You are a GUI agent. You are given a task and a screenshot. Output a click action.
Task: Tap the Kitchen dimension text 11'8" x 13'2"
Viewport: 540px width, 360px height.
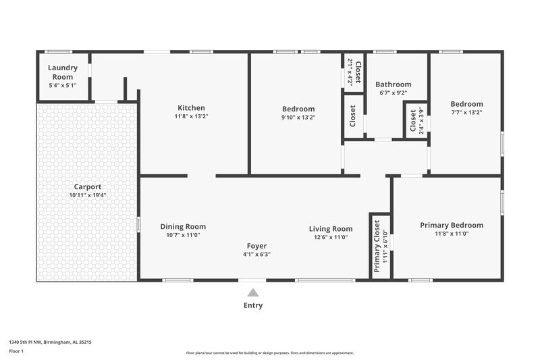(191, 117)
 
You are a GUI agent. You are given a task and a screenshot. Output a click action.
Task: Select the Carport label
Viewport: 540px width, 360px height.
(88, 186)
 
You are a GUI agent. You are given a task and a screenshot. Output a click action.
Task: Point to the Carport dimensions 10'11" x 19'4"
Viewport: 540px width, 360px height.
(88, 195)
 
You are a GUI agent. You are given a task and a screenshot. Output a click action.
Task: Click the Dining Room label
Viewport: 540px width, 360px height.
(183, 226)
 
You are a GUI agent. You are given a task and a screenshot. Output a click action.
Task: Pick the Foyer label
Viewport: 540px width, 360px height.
(256, 246)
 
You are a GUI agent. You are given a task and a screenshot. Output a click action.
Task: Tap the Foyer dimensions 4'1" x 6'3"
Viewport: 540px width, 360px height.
(256, 255)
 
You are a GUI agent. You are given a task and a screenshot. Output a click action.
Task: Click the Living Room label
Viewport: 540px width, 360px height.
(331, 228)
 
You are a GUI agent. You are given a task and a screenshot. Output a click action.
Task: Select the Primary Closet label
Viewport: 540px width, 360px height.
(377, 246)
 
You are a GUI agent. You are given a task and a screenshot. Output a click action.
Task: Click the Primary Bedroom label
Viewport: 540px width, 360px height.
(452, 225)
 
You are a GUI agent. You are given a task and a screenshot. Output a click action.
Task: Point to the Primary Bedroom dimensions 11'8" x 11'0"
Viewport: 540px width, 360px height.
(452, 234)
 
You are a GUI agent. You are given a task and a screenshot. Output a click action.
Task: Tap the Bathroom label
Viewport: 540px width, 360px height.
(393, 84)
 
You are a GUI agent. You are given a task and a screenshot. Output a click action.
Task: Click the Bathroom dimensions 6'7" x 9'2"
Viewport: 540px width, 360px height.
(393, 93)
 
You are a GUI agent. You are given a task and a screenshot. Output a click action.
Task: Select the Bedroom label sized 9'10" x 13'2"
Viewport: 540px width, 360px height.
(298, 109)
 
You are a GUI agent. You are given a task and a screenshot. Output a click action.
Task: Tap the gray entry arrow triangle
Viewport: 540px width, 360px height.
(253, 292)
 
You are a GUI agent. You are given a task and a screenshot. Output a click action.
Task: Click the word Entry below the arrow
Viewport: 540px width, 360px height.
(253, 305)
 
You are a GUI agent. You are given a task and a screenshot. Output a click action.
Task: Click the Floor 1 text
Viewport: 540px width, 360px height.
(17, 352)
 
